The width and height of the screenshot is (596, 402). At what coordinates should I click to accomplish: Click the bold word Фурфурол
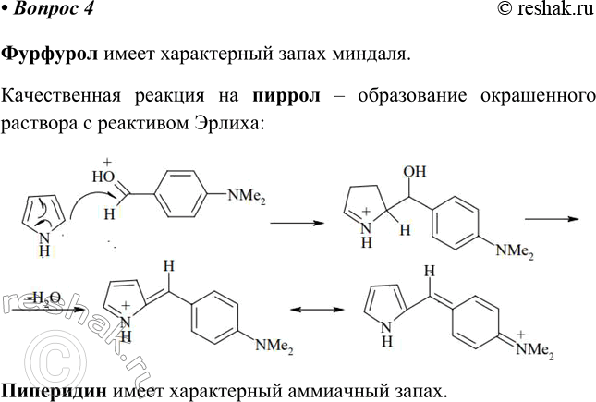tap(50, 55)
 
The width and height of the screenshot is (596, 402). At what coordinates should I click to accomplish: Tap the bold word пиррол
tap(286, 96)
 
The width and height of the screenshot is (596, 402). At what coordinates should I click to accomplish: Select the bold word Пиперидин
tap(54, 391)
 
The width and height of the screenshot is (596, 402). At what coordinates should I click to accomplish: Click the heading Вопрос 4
tap(53, 9)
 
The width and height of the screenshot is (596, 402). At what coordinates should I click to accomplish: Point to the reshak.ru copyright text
tap(545, 9)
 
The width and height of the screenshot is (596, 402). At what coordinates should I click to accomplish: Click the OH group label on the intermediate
tap(415, 172)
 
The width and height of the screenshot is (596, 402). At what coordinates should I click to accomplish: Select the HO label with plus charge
tap(103, 172)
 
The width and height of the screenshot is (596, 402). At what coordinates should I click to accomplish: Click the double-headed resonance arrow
tap(317, 310)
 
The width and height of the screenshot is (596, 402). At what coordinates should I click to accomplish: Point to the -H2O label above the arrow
tap(45, 298)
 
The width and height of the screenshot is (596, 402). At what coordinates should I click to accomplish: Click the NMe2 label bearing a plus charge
tap(535, 347)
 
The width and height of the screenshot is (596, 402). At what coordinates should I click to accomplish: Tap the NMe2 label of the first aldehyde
tap(247, 197)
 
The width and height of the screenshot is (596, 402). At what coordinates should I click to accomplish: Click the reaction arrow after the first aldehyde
tap(297, 223)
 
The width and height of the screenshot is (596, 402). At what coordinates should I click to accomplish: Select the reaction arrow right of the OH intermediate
tap(552, 219)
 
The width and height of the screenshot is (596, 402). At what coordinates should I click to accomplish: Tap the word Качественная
tap(61, 96)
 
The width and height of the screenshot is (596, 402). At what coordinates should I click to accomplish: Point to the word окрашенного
tap(538, 97)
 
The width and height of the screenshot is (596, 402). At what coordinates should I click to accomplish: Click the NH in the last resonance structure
tap(386, 334)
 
